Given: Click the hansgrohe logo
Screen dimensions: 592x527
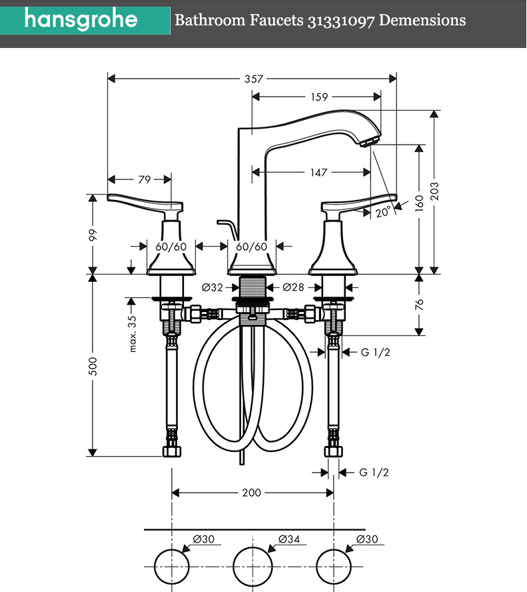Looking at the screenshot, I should (x=81, y=19).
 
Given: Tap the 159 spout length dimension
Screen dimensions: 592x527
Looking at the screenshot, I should (x=319, y=97).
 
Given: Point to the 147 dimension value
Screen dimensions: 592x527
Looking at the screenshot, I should (x=319, y=173).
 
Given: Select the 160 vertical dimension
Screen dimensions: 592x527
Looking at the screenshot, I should (x=419, y=203).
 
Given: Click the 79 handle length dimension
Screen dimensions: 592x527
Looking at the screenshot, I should (x=144, y=179).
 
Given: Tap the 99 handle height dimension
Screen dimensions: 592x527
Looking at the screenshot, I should (x=93, y=235).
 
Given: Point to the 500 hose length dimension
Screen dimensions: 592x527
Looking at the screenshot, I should (x=93, y=365).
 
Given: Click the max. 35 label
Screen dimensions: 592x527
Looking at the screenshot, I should (x=133, y=333).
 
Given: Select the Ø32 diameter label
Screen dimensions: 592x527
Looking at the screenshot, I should (x=213, y=288).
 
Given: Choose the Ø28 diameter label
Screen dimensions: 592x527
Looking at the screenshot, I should (x=293, y=288).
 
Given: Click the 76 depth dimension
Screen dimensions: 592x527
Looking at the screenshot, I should (x=419, y=304).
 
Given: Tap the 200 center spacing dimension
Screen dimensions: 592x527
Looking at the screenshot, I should (x=251, y=493).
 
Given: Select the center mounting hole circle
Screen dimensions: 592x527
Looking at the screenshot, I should (x=252, y=565).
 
